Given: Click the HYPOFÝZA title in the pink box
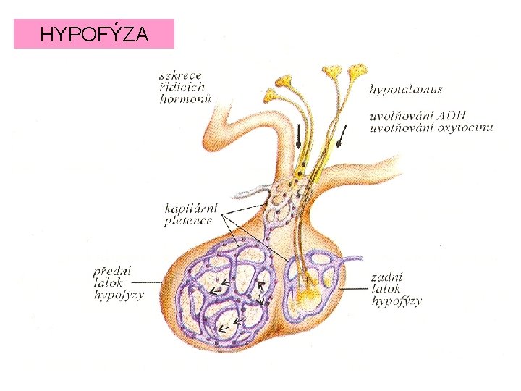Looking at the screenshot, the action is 94,34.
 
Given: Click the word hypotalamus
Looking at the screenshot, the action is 406,90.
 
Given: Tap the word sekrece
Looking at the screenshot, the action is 182,75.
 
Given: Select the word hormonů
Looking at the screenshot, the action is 185,99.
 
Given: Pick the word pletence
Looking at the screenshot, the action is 188,222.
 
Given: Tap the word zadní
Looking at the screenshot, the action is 386,277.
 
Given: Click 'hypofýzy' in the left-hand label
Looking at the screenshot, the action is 119,295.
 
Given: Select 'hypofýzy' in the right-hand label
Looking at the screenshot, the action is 396,301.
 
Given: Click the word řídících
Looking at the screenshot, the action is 185,87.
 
